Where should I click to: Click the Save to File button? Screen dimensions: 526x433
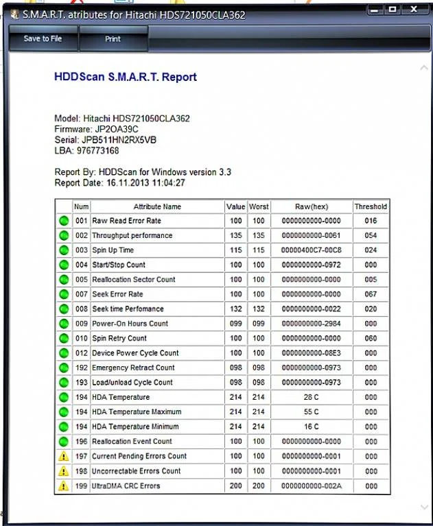point(43,39)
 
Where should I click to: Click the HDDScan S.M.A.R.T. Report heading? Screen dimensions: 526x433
point(126,77)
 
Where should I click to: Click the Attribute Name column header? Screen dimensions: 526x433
point(157,206)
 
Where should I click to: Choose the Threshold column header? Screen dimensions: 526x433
point(371,206)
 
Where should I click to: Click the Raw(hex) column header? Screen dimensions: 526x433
point(312,206)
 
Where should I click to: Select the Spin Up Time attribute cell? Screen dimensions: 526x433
point(113,250)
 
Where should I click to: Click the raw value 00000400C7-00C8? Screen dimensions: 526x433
point(312,250)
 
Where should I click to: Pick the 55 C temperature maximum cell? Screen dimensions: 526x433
point(312,412)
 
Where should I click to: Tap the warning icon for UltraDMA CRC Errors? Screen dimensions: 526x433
point(64,486)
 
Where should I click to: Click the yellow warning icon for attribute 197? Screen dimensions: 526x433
point(64,456)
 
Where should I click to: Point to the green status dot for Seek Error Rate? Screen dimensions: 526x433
point(64,294)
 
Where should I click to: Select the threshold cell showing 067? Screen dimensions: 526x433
point(371,294)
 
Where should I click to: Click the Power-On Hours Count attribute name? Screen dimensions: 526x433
point(130,324)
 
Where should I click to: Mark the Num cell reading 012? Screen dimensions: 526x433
point(82,353)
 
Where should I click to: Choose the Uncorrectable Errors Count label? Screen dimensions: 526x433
point(137,471)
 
